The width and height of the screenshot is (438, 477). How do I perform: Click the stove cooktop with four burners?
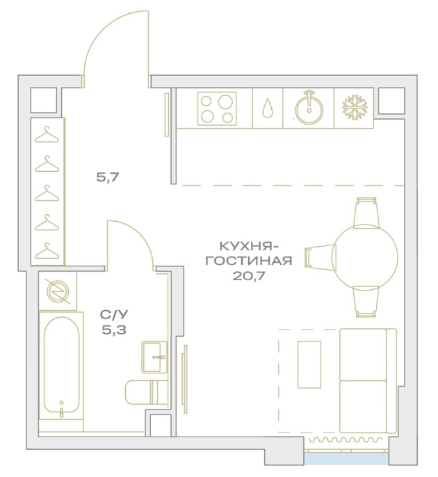tap(217, 108)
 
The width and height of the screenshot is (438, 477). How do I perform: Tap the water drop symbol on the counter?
tap(268, 108)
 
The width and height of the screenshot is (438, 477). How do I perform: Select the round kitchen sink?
tap(309, 107)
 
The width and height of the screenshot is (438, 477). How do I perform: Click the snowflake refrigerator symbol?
tap(355, 107)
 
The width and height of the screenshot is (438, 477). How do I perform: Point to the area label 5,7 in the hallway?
tap(107, 177)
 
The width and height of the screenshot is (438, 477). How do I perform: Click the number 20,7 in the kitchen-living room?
tap(249, 276)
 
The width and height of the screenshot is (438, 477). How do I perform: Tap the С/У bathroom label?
tap(114, 315)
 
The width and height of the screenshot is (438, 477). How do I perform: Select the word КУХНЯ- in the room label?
tap(248, 246)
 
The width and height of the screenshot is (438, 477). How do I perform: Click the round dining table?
tap(365, 256)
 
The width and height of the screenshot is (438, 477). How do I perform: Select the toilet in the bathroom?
tap(146, 392)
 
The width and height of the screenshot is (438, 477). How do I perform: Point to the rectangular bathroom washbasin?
tap(154, 357)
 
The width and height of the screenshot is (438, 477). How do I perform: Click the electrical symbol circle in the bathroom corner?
tap(58, 291)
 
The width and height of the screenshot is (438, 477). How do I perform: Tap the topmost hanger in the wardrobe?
tap(47, 135)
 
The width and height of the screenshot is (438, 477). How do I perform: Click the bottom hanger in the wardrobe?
tap(47, 251)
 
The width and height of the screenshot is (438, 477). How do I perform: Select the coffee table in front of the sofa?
tap(309, 364)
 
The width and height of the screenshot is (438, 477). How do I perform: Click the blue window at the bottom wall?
tap(347, 460)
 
